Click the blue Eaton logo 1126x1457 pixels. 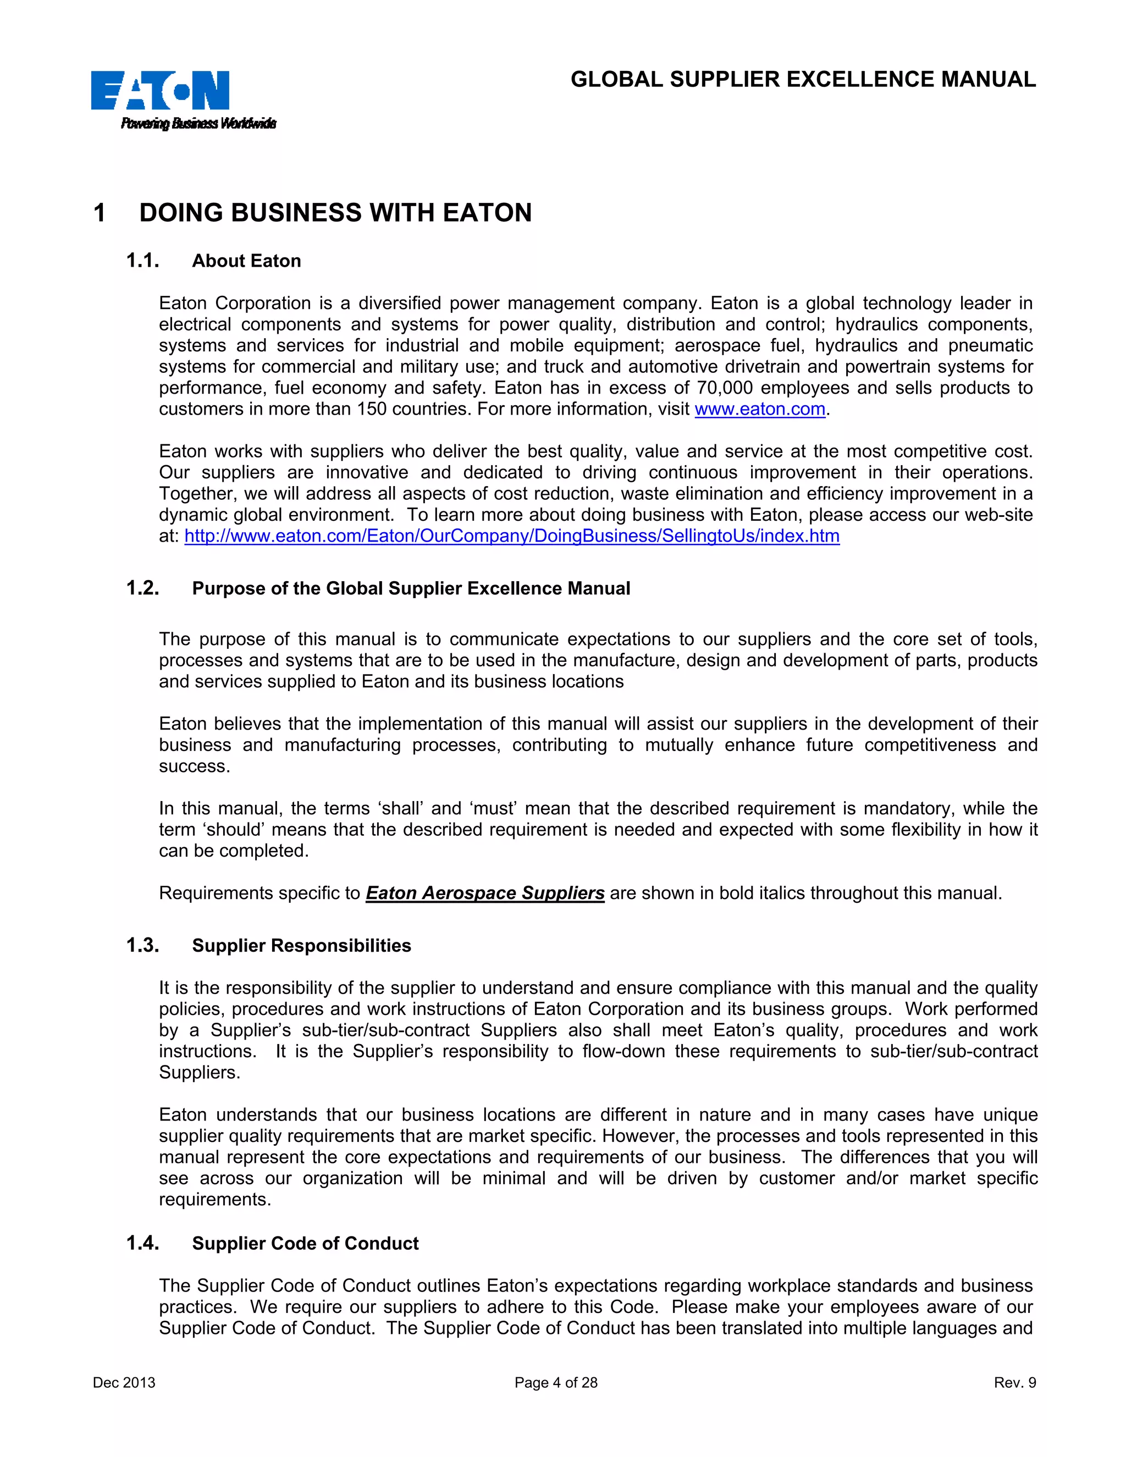click(x=160, y=90)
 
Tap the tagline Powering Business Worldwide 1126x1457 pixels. click(x=198, y=123)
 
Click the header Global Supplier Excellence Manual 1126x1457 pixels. click(x=803, y=79)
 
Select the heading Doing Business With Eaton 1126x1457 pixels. click(x=335, y=213)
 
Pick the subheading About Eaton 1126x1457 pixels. click(x=246, y=261)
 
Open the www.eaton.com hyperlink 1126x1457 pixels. click(x=760, y=409)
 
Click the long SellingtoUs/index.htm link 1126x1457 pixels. click(x=512, y=537)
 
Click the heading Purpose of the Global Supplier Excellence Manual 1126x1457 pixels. click(x=411, y=588)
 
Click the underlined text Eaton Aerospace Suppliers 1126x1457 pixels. click(x=485, y=893)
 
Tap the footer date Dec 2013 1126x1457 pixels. click(x=124, y=1383)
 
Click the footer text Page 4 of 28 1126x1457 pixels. click(x=556, y=1383)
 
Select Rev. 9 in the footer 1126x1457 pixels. click(x=1014, y=1383)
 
